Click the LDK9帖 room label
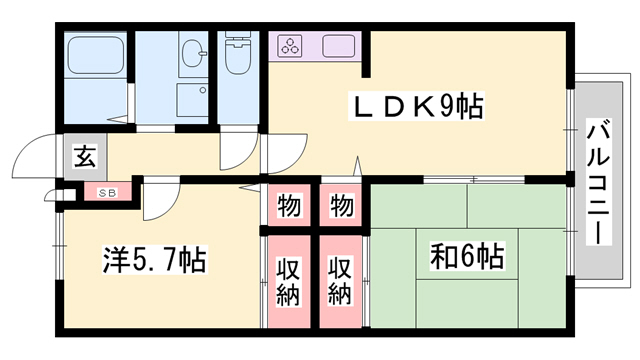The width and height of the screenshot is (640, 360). pos(416,106)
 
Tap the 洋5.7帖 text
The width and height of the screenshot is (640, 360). pos(154,262)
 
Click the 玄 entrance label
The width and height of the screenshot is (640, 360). pos(85,157)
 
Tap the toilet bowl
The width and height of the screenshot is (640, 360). pos(238,60)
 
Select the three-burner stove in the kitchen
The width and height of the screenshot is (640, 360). pos(291,46)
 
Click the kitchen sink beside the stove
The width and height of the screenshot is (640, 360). pos(338,46)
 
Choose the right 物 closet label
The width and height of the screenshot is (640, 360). pos(342,206)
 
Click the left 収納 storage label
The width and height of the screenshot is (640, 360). pos(289,280)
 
